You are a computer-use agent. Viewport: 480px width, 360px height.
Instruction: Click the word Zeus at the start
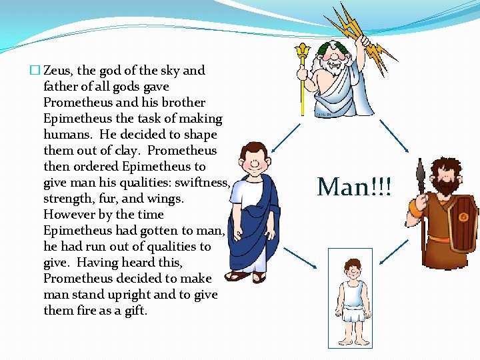[x=57, y=71]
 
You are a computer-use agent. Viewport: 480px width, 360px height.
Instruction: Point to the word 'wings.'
[x=165, y=199]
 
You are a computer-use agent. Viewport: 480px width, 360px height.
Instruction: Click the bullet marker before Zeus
[x=35, y=71]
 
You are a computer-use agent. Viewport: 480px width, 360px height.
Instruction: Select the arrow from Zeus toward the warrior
[x=397, y=136]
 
